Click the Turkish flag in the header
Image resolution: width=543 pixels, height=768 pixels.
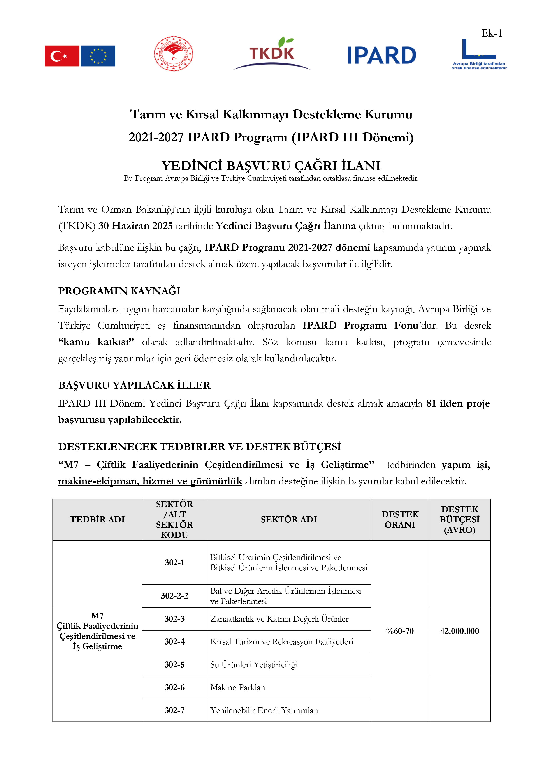pos(62,56)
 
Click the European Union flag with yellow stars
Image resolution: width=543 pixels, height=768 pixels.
pos(98,56)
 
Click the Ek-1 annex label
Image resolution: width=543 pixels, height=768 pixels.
pos(491,33)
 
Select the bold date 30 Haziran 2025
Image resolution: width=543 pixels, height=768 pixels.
pos(135,226)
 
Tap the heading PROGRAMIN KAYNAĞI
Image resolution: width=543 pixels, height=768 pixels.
pos(119,291)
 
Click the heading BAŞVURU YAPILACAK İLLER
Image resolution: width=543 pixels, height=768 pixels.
pos(134,385)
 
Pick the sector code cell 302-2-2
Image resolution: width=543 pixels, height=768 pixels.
pos(174,596)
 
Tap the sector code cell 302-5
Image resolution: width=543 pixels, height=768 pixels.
pos(174,664)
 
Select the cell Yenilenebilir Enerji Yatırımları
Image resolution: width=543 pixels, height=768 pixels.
pos(264,710)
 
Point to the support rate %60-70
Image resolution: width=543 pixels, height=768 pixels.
pos(400,631)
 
